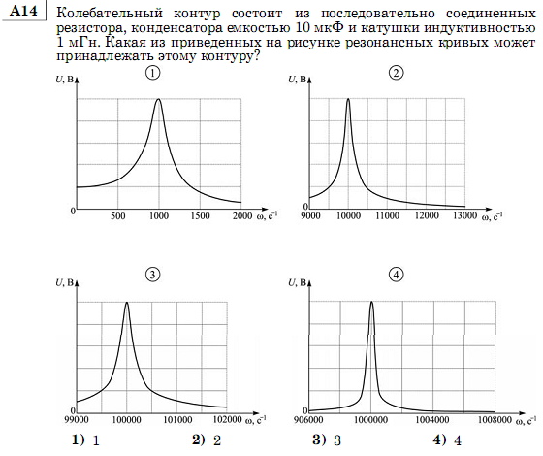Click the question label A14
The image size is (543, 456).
pos(23,11)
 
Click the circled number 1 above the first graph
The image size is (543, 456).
pos(153,74)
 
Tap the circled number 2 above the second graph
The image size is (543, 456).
pos(397,73)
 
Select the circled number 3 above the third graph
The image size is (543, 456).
pos(153,276)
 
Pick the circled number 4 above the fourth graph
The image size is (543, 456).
pos(397,276)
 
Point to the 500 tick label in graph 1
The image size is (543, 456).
pos(117,216)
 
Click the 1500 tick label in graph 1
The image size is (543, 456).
pos(200,216)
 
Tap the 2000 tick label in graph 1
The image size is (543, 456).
pos(242,216)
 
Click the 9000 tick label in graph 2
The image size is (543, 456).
pos(310,215)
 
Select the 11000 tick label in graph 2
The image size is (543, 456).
pos(388,215)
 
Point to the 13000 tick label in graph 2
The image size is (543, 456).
pos(465,215)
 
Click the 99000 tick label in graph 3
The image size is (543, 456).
pos(77,419)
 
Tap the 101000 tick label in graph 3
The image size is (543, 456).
pos(177,419)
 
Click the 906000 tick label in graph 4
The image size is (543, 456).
pos(308,420)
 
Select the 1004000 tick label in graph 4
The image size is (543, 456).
pos(432,420)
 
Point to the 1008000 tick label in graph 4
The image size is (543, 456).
pos(495,420)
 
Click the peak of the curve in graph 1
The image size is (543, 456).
pos(159,99)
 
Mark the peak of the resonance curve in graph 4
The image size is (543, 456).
pos(371,302)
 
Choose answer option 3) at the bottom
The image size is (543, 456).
pos(327,440)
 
